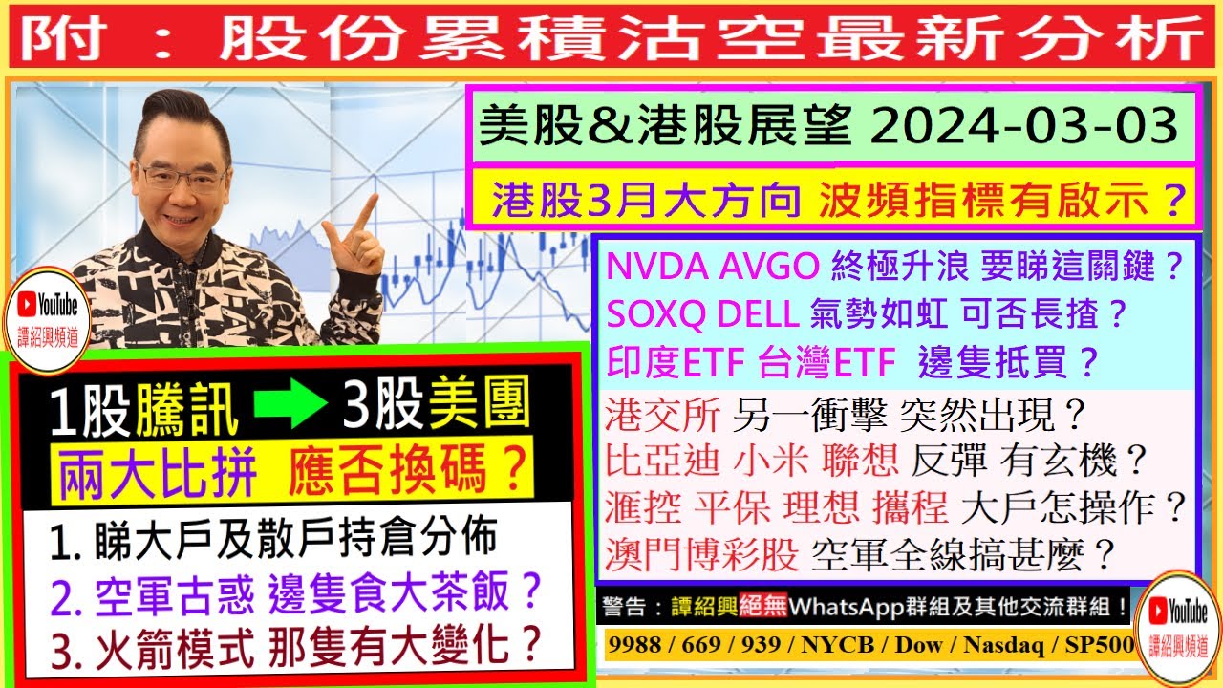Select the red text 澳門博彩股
[x=701, y=554]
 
